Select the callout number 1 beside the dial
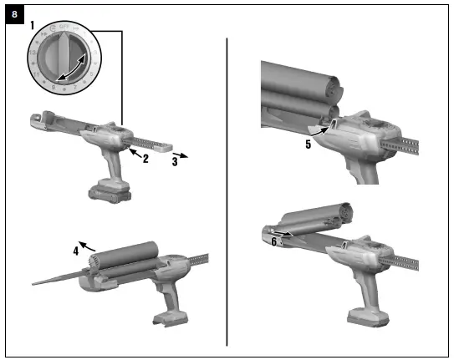click(34, 27)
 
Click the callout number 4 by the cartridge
click(75, 247)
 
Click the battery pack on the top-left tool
click(110, 190)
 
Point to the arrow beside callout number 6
click(284, 235)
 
